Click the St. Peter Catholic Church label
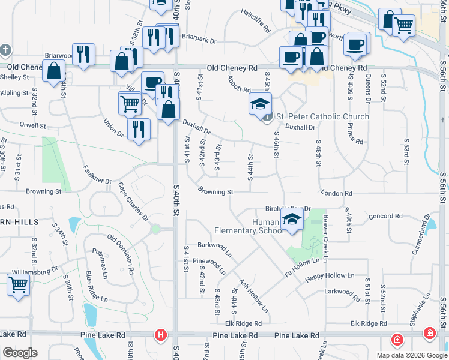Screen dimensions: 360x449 coord(322,116)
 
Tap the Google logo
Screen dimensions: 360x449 coord(20,353)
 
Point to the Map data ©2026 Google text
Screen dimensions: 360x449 coord(411,355)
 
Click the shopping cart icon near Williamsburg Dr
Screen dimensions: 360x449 coord(19,284)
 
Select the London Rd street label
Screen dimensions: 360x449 coord(336,193)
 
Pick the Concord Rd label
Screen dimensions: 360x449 coord(385,216)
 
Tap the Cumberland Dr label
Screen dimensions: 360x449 coord(420,235)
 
